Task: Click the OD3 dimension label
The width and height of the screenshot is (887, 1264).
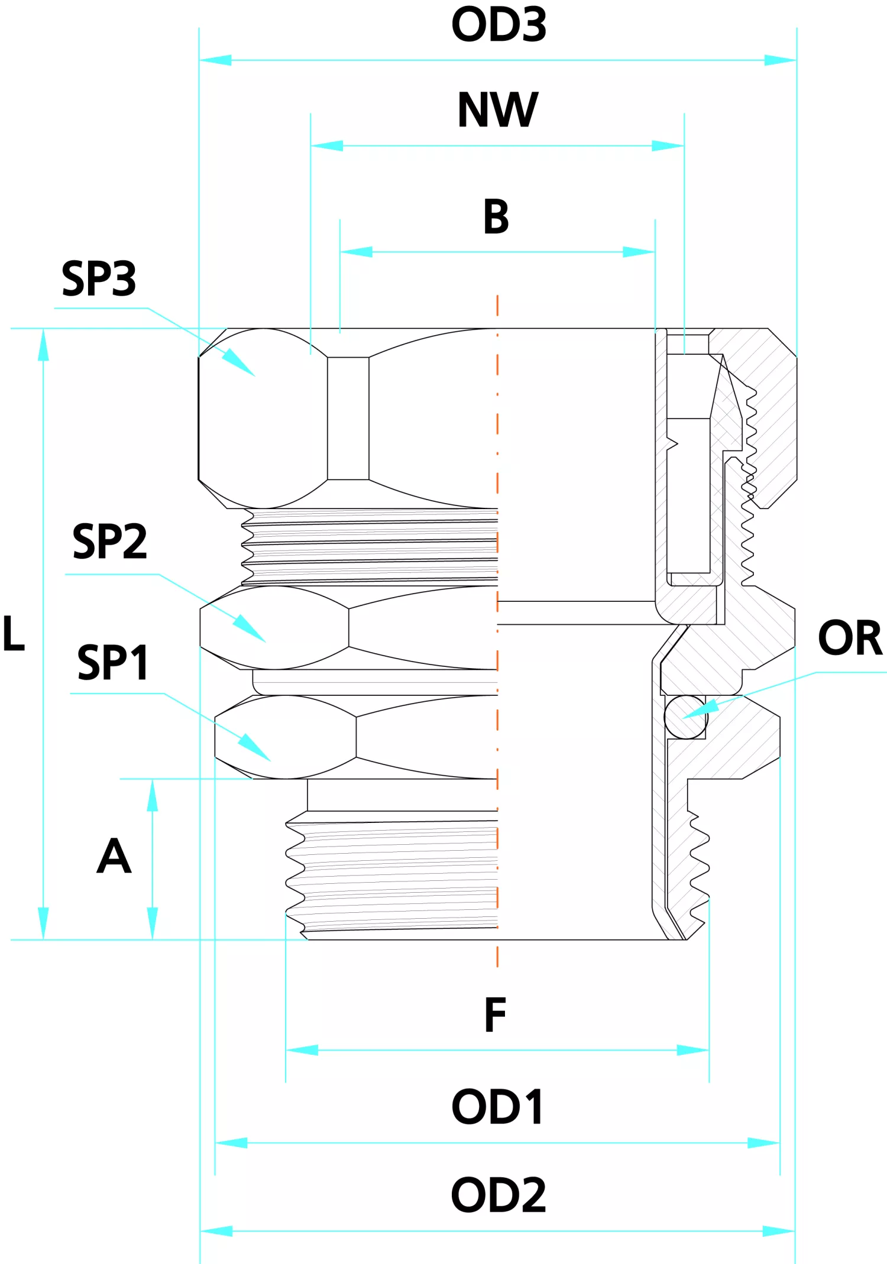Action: (498, 25)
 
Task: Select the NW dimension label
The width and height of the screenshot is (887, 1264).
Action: (498, 110)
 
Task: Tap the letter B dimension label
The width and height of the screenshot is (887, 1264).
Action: (496, 217)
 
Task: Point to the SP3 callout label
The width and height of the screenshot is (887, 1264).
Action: (99, 278)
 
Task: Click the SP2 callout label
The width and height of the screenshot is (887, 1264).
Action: (109, 542)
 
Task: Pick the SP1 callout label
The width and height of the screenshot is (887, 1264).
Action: (112, 663)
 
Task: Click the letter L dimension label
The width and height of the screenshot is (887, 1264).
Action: (14, 634)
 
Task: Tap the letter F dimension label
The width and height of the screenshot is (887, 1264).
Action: (496, 1015)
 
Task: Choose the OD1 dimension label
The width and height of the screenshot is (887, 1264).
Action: (497, 1107)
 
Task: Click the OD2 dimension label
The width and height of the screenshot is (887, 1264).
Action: (498, 1195)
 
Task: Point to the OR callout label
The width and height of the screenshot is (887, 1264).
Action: (850, 638)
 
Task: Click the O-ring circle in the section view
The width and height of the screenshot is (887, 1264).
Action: (685, 717)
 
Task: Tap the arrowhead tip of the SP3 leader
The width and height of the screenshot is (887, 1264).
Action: (254, 375)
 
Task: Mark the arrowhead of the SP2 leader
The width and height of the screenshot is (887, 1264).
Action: (265, 641)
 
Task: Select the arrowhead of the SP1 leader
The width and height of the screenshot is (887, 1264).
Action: (270, 761)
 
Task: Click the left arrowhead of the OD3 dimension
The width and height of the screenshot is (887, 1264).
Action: (201, 60)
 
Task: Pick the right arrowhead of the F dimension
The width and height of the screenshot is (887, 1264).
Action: (707, 1051)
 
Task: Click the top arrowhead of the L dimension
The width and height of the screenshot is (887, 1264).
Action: (43, 331)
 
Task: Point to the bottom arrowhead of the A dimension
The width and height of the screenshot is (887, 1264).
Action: (153, 937)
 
